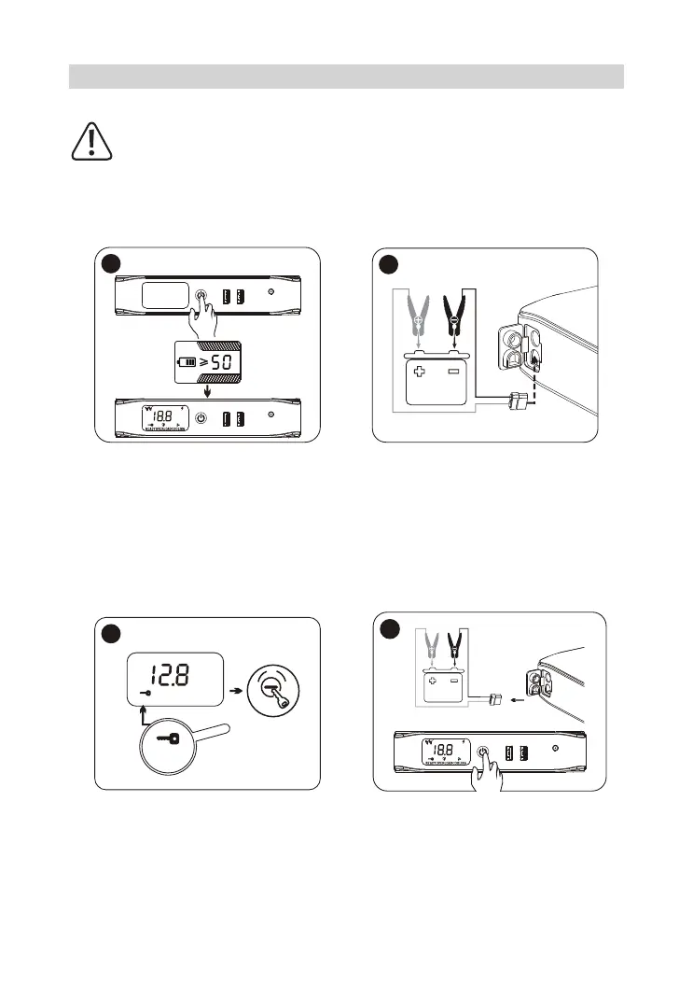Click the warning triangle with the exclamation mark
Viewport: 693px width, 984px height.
[91, 141]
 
